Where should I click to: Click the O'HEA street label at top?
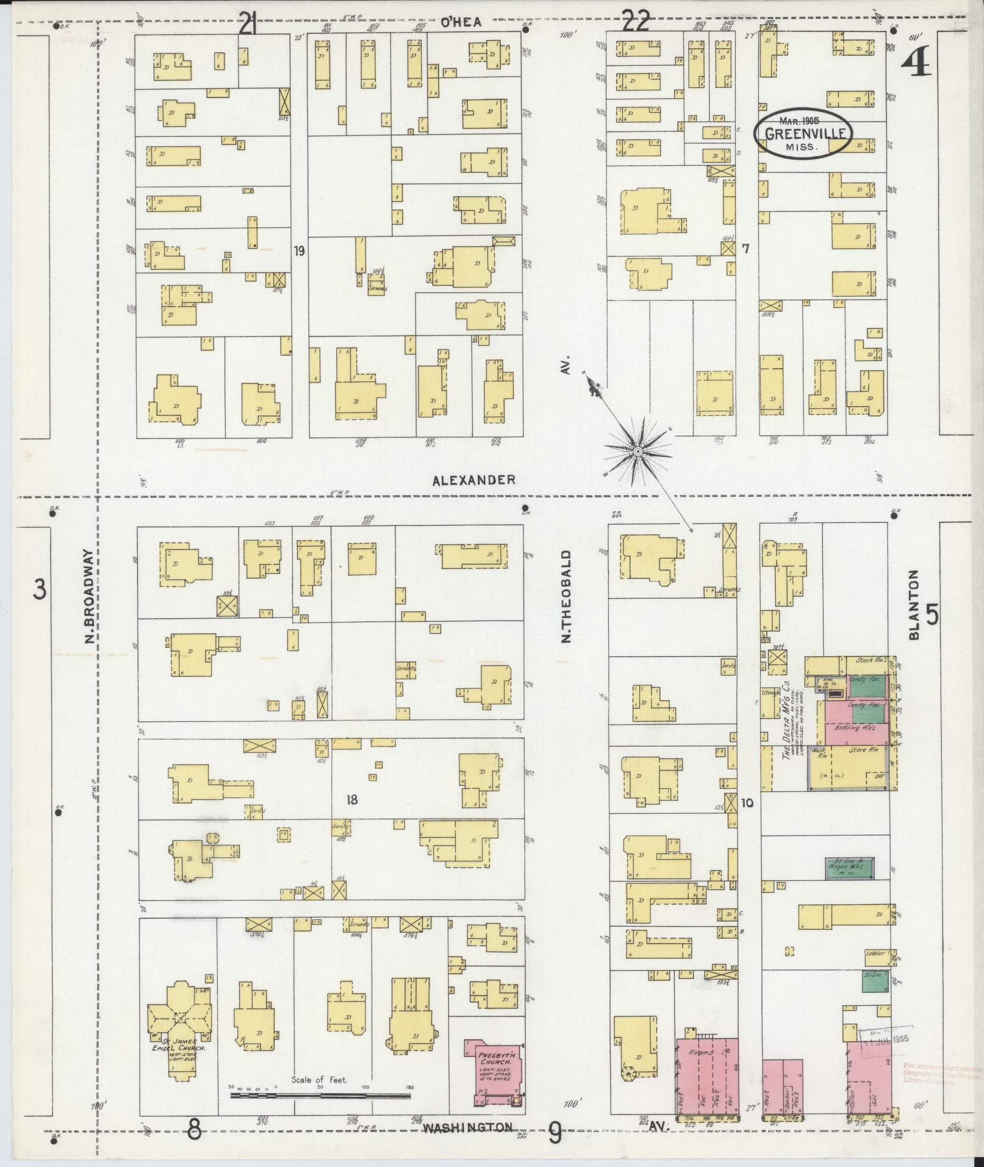(461, 23)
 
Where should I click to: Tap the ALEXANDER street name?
(473, 480)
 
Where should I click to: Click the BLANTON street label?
(913, 605)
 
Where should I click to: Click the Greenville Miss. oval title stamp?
(803, 134)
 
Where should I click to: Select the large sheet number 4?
(916, 63)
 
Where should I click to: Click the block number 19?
(298, 251)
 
